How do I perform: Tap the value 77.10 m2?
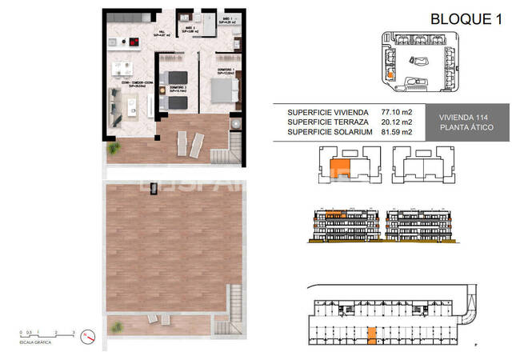pyautogui.click(x=398, y=112)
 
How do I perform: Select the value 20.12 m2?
pyautogui.click(x=398, y=122)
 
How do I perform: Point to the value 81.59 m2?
pyautogui.click(x=398, y=132)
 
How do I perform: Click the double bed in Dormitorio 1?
pyautogui.click(x=222, y=86)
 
